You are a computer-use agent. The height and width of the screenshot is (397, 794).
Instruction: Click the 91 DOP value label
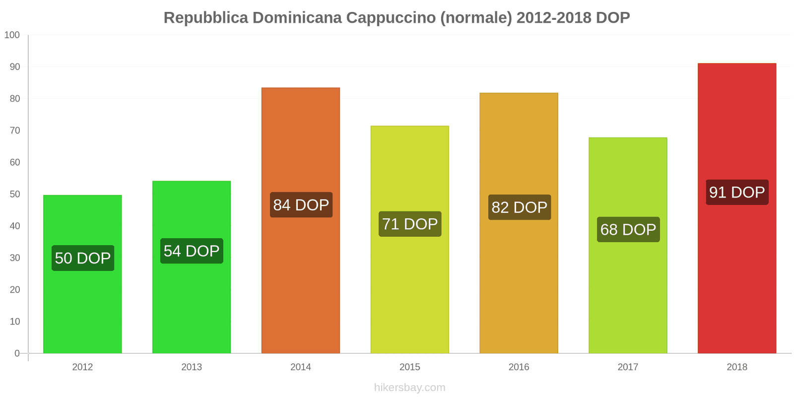(737, 193)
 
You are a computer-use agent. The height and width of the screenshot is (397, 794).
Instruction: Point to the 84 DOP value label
(301, 205)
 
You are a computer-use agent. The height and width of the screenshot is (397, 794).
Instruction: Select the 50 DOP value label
(83, 258)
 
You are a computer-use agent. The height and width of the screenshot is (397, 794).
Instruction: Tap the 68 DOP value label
(628, 230)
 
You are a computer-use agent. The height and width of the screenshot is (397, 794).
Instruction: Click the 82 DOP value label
(519, 207)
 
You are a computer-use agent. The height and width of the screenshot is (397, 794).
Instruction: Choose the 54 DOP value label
(192, 251)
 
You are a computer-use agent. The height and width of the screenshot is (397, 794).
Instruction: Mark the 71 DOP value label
(410, 224)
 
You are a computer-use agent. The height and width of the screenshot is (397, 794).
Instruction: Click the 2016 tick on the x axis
(519, 367)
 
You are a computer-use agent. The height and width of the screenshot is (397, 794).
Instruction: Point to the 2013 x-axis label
(192, 367)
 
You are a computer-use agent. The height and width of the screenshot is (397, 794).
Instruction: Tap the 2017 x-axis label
(628, 367)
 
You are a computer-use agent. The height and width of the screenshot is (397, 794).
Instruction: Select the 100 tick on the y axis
(12, 35)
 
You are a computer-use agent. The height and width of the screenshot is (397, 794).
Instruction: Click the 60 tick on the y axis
(15, 162)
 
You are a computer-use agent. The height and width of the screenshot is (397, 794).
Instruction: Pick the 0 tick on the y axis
(17, 353)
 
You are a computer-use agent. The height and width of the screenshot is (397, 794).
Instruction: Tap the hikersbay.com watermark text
(409, 388)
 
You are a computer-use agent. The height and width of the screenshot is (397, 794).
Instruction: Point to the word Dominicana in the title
(297, 18)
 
